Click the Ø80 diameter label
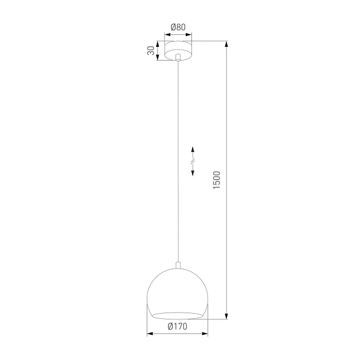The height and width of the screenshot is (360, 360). (x=178, y=26)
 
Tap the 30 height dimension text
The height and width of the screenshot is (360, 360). (x=150, y=50)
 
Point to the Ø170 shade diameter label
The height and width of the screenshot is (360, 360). (x=177, y=326)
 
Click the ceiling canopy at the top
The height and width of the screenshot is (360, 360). (x=178, y=49)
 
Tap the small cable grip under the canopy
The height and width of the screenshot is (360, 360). (x=179, y=57)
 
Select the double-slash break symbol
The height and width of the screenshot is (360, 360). (x=193, y=162)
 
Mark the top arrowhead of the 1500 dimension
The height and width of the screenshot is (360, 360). (x=227, y=44)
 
